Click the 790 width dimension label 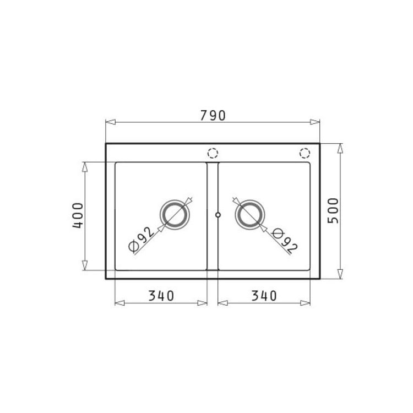213,116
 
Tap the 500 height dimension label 333,211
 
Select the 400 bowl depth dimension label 78,215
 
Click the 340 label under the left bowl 161,296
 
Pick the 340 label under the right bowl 264,296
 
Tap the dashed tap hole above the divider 213,153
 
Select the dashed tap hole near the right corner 305,153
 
